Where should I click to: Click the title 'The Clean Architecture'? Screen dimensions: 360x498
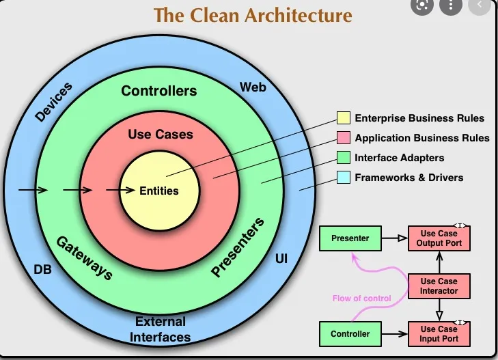[x=253, y=14]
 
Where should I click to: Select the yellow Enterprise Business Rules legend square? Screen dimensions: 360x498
[x=344, y=118]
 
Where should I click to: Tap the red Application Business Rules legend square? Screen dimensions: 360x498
[x=344, y=138]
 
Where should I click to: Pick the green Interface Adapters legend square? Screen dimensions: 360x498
[x=344, y=158]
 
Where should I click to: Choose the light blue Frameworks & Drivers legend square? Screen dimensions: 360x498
[x=344, y=178]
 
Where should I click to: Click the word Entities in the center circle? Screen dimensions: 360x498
[x=159, y=191]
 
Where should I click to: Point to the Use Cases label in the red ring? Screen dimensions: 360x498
[x=161, y=135]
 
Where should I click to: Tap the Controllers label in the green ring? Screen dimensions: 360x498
[x=159, y=91]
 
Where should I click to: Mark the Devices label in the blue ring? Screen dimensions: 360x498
[x=54, y=102]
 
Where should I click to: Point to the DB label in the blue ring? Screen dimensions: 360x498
[x=43, y=269]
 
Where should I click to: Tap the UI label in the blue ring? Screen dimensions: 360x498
[x=281, y=260]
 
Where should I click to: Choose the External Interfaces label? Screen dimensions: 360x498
[x=161, y=329]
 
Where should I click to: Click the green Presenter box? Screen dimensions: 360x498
[x=350, y=238]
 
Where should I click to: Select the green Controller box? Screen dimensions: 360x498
[x=350, y=334]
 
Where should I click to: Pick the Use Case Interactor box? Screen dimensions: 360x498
[x=439, y=286]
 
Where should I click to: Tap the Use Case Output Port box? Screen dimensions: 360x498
[x=439, y=238]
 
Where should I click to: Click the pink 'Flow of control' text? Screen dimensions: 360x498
[x=361, y=299]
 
